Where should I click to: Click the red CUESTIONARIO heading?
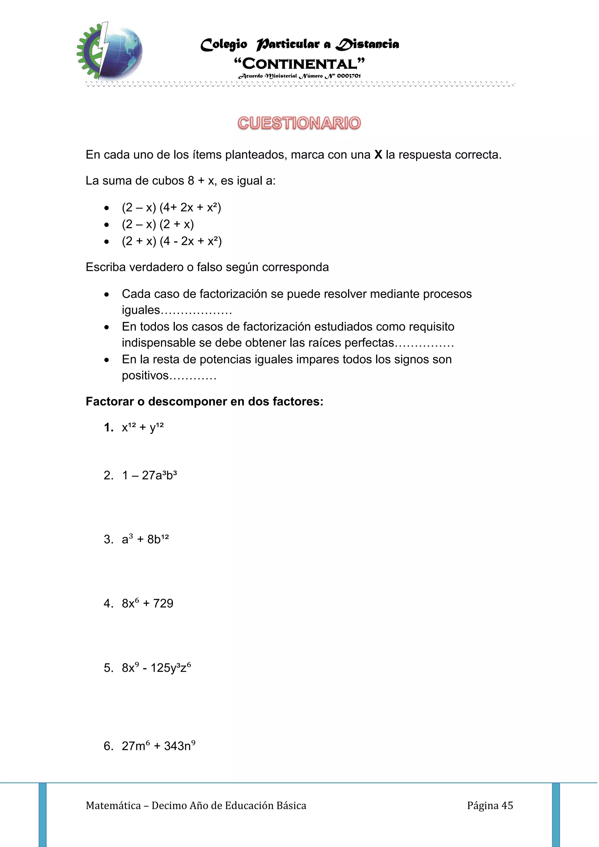(299, 123)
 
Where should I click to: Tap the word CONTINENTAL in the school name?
(299, 64)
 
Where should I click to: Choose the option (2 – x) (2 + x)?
(158, 224)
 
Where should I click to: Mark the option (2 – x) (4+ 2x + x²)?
(171, 208)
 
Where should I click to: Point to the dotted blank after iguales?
(197, 311)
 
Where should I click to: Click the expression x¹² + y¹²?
(142, 428)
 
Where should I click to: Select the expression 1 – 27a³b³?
(149, 476)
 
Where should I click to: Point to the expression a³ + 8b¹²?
(145, 540)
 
